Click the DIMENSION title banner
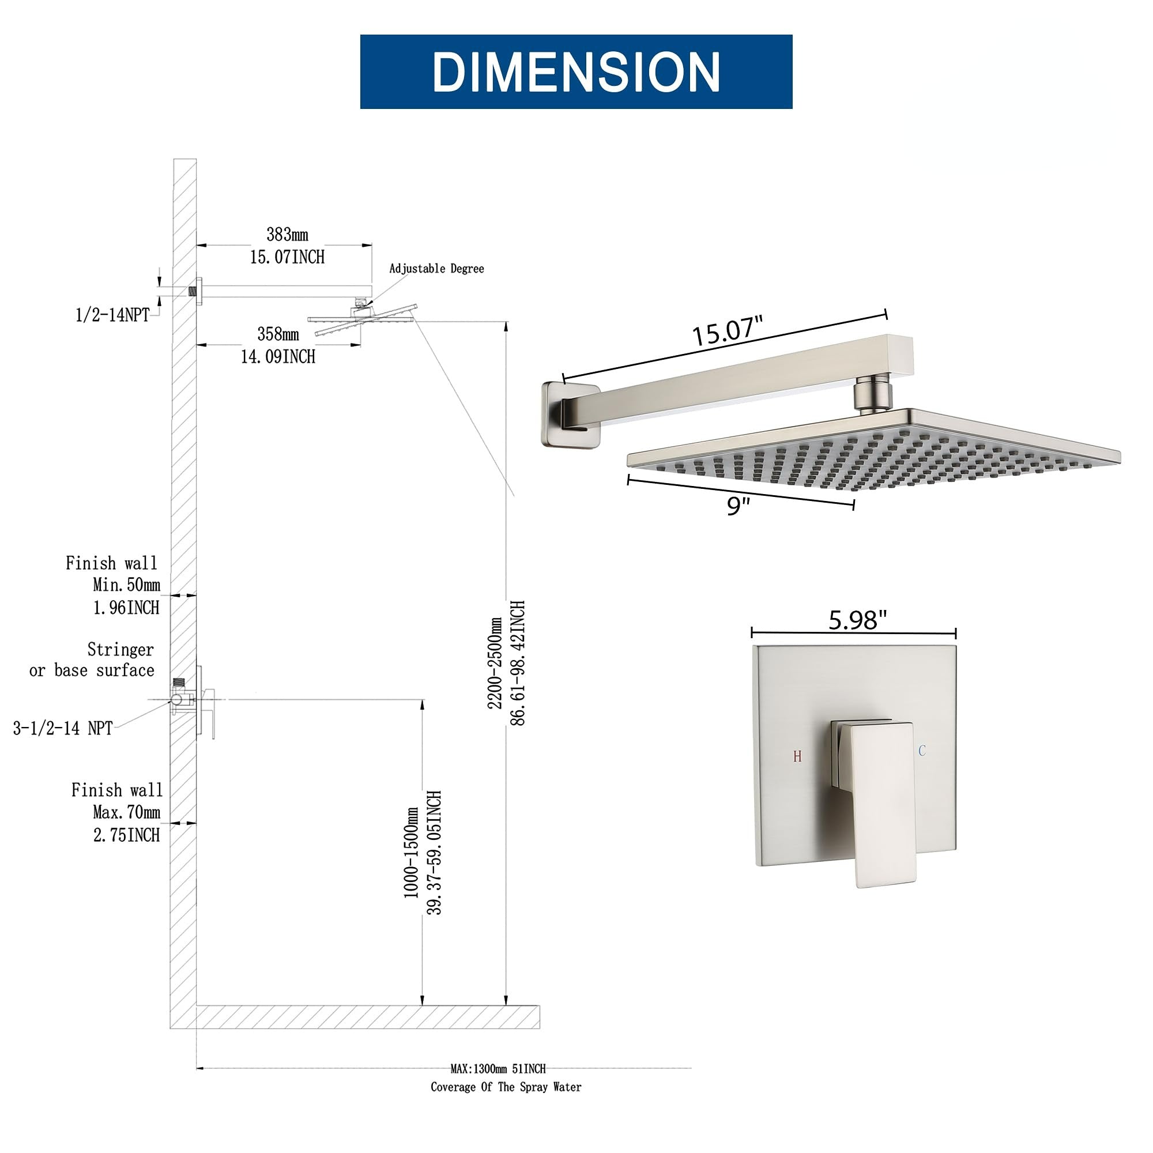tap(576, 71)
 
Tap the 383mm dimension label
tap(287, 235)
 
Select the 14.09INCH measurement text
tap(278, 357)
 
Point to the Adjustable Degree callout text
tap(436, 269)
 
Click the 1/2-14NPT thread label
tap(112, 315)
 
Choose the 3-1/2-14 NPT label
tap(63, 728)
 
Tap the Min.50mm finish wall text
tap(126, 585)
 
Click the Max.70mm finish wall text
tap(126, 812)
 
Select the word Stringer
tap(120, 649)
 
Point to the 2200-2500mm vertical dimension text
tap(495, 663)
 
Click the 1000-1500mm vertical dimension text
tap(411, 853)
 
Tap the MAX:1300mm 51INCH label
tap(498, 1069)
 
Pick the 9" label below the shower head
tap(738, 506)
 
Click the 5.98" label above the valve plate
tap(858, 620)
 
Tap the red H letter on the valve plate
tap(797, 757)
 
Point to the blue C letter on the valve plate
tap(922, 751)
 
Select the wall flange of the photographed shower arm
tap(569, 415)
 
